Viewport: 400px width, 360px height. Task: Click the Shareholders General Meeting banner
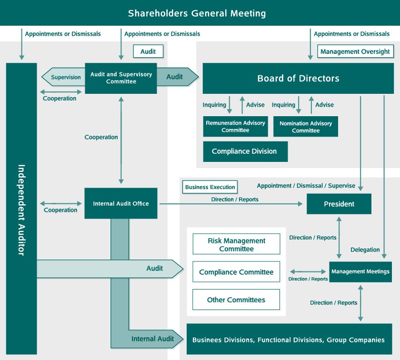(197, 13)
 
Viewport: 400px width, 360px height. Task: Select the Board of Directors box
(298, 79)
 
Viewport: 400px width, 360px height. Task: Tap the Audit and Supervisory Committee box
(121, 78)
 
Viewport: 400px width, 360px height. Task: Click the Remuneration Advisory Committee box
(235, 127)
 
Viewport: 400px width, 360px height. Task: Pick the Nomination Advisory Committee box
(306, 127)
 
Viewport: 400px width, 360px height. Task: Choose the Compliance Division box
(244, 151)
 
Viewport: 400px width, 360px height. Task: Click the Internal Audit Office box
(121, 203)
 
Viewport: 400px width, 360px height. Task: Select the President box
(339, 204)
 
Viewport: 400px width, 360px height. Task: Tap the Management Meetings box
(360, 272)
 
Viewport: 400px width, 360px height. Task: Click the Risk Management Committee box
(237, 245)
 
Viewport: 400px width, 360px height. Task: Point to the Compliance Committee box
(237, 272)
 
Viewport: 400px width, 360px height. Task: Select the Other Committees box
(236, 300)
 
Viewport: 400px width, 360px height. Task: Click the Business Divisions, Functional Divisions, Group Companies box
(289, 340)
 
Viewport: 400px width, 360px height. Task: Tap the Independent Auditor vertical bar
(21, 210)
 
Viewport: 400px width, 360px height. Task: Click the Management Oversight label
(355, 51)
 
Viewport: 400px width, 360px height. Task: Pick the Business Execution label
(210, 187)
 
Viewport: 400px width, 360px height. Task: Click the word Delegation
(365, 250)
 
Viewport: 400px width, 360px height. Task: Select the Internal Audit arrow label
(152, 339)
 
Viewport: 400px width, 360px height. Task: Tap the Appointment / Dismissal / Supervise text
(306, 186)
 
